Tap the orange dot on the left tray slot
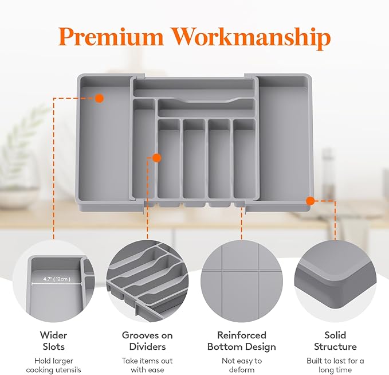click(99, 98)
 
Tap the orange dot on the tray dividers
click(156, 158)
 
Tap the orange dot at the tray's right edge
click(310, 201)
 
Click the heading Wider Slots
click(53, 341)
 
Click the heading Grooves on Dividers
click(147, 341)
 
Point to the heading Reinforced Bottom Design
click(241, 341)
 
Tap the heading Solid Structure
click(335, 341)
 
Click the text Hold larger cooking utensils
click(53, 365)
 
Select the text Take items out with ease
click(147, 365)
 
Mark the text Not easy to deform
click(241, 365)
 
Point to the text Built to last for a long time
click(335, 365)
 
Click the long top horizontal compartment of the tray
click(194, 88)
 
